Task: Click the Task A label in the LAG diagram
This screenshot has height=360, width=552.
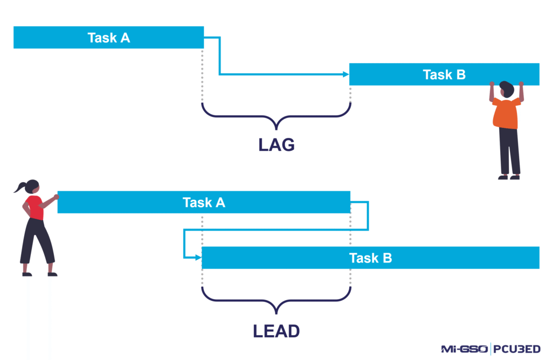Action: coord(109,38)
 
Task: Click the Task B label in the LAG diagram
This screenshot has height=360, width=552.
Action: coord(444,75)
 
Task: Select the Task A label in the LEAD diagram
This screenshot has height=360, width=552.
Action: coord(204,203)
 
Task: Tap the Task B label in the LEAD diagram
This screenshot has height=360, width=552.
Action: coord(370,258)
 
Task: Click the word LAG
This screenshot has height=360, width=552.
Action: coord(275,144)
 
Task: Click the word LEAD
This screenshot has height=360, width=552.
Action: coord(276,330)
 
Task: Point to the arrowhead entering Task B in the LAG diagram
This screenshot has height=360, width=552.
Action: coord(346,74)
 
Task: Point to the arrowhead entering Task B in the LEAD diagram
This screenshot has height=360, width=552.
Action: coord(198,258)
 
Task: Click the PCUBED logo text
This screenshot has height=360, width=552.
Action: coord(517,349)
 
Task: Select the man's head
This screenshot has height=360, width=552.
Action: coord(507,89)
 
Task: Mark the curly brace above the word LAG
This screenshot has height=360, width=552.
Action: coord(276,116)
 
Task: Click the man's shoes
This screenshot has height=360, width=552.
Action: coord(509,177)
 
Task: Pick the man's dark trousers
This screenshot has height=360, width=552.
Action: coord(509,151)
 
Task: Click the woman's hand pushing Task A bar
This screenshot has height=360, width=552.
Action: coord(56,197)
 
